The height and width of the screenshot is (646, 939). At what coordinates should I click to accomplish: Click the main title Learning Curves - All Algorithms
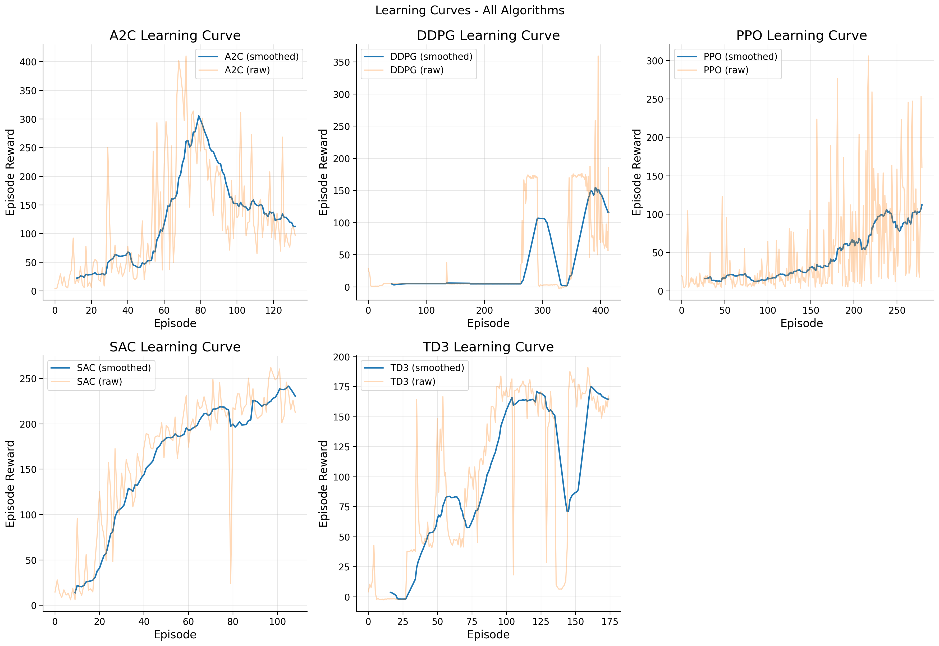click(470, 11)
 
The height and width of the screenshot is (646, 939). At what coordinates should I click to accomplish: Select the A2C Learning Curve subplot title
click(175, 36)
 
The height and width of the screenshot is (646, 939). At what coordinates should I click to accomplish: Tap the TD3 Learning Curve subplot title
click(488, 347)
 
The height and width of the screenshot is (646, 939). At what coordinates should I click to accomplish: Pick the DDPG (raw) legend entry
click(416, 70)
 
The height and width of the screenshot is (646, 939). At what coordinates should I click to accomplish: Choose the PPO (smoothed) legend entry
click(740, 57)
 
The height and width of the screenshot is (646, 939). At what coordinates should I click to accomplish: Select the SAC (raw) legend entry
click(99, 381)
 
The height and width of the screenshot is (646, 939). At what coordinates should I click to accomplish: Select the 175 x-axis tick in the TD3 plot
click(610, 622)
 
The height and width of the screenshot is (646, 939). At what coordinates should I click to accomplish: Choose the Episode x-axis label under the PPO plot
click(801, 323)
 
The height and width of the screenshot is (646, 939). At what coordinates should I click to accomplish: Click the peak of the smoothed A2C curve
click(198, 116)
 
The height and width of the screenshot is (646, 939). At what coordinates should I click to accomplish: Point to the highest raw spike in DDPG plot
click(598, 56)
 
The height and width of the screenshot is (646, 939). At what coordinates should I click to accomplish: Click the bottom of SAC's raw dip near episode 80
click(231, 583)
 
